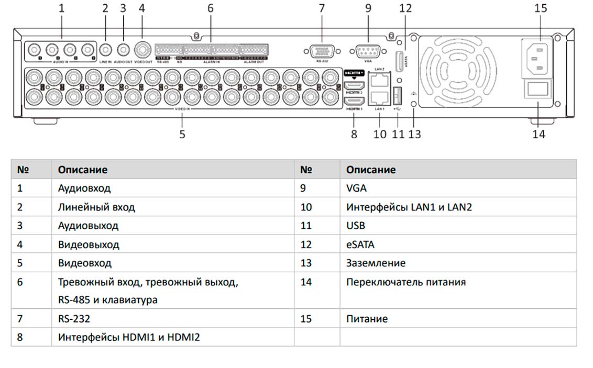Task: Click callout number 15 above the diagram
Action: pos(541,8)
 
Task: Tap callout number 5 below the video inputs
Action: pos(182,134)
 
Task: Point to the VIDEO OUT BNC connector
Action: pos(142,50)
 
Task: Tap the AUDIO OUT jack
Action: pos(123,50)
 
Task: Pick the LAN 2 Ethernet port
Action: pos(379,81)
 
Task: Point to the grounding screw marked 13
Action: pos(415,104)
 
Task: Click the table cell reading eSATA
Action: pos(360,244)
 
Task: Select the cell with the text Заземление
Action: pos(376,263)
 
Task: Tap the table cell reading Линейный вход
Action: pos(96,207)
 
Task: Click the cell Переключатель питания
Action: pos(406,282)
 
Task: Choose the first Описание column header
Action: pos(83,170)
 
